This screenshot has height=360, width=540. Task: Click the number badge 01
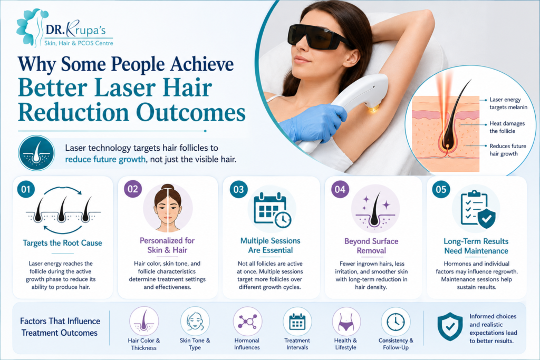pos(26,189)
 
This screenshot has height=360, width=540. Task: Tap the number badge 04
pos(340,189)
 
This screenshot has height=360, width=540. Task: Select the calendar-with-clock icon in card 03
pos(272,210)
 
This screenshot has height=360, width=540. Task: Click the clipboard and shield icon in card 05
pos(478,210)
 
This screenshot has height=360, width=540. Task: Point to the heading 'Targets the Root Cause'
pos(62,243)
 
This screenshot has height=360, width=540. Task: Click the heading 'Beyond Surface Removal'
pos(371,246)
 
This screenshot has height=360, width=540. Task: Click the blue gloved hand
pos(314,122)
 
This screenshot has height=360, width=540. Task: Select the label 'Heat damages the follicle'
pos(507,127)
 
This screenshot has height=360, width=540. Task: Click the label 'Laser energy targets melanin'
pos(508,103)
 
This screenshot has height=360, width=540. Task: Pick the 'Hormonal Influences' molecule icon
pos(247,322)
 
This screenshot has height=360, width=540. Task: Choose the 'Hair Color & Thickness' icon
pos(144,322)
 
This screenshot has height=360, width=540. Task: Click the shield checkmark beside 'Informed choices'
pos(450,327)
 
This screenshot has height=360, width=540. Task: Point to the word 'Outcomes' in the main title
pos(191,113)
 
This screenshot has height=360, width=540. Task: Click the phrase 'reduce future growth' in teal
pos(105,159)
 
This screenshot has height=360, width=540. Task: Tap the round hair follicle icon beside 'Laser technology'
pos(36,153)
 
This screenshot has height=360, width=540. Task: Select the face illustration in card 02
pos(168,208)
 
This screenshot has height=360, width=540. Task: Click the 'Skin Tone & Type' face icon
pos(195,322)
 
